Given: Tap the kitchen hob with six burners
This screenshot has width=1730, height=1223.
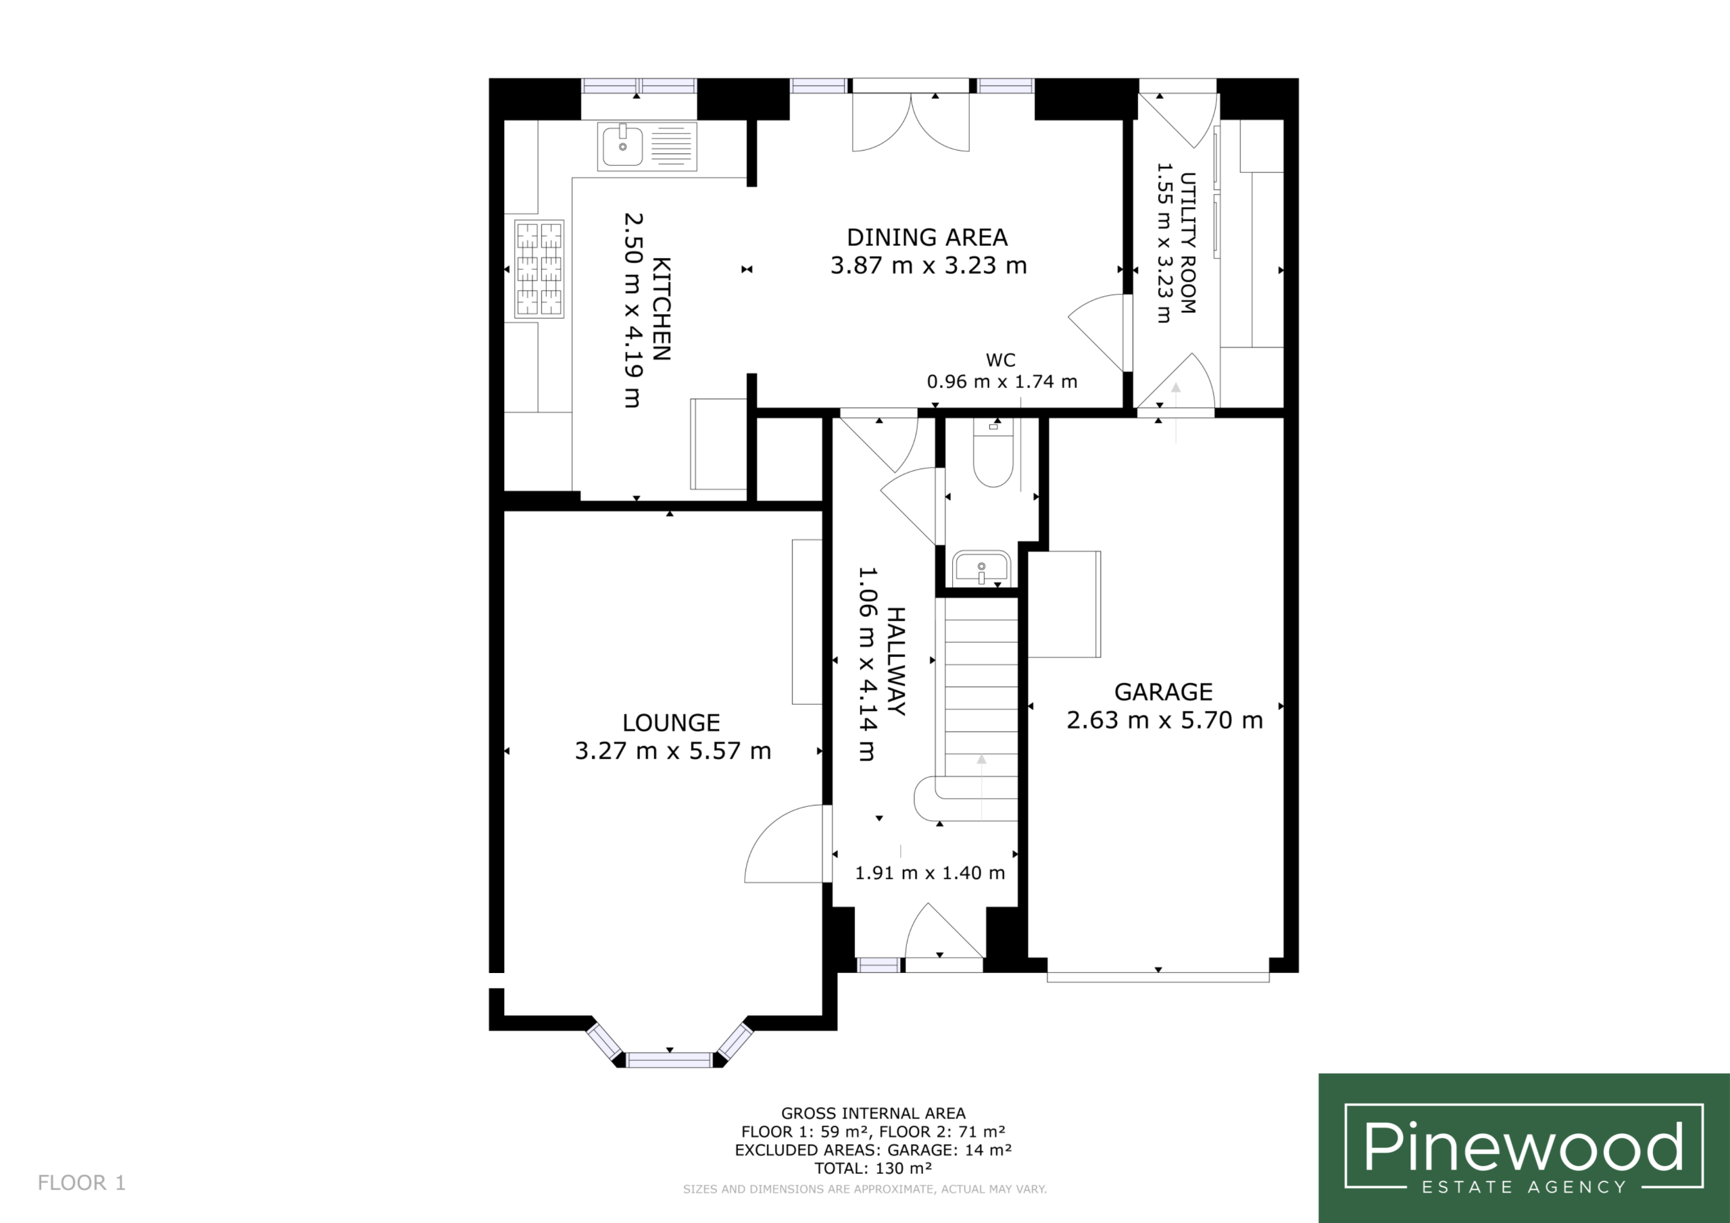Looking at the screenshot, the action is click(x=539, y=269).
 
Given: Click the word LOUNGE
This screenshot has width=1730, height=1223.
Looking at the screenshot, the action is click(x=670, y=722).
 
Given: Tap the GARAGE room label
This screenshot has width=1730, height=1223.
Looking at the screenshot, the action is click(x=1164, y=692).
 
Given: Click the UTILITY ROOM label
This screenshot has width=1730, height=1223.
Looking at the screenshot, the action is click(x=1187, y=243).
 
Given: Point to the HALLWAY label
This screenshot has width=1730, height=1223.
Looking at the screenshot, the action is click(x=896, y=661).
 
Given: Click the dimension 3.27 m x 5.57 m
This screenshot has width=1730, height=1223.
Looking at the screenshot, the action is click(x=673, y=751).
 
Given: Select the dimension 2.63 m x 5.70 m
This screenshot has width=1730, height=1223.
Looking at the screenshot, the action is click(x=1164, y=720).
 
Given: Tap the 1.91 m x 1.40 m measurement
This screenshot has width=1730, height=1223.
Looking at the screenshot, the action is click(x=930, y=872).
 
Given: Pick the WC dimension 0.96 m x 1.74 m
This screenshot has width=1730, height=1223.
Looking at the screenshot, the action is click(x=1002, y=381).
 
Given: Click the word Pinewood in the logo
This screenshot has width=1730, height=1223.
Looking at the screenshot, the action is click(x=1523, y=1146).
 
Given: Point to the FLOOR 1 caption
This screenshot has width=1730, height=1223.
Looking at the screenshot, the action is click(x=81, y=1182).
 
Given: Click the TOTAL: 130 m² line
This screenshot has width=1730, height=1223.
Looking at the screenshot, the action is click(x=873, y=1168).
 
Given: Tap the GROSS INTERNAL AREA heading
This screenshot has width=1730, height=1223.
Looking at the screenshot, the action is click(x=873, y=1113).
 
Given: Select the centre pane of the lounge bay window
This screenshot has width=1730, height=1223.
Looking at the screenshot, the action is click(x=669, y=1060).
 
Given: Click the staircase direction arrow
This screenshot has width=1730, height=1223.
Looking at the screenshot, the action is click(x=981, y=787).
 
